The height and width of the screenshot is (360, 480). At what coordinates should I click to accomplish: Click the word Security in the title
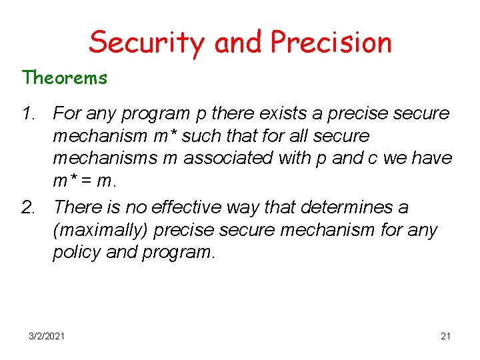(x=148, y=42)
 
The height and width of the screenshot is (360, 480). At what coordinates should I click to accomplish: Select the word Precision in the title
(x=331, y=42)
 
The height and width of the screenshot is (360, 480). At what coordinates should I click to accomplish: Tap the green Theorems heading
(x=65, y=78)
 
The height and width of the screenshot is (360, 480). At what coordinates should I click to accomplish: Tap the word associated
(x=227, y=159)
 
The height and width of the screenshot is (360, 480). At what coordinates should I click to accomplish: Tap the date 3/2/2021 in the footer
(x=47, y=336)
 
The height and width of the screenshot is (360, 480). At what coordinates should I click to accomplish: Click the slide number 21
(x=445, y=336)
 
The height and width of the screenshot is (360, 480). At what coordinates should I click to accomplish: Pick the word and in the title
(x=240, y=42)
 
